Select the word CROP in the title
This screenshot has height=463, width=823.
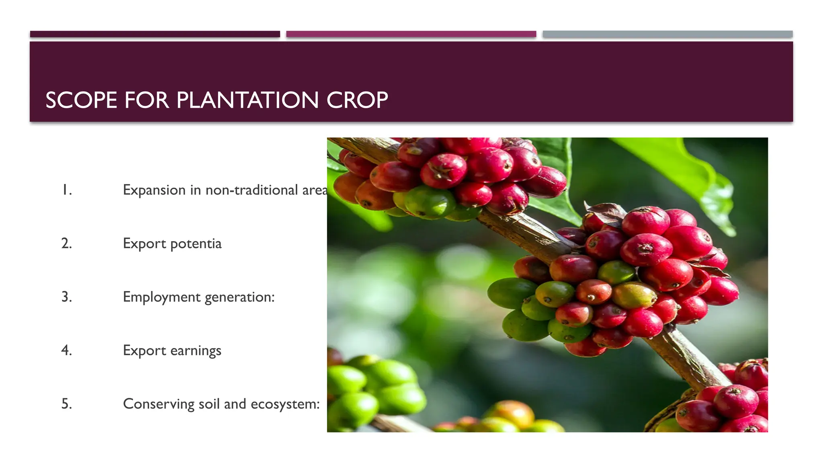point(357,100)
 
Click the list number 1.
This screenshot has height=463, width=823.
point(67,190)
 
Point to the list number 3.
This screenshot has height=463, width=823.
point(67,297)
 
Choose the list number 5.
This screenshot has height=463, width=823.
point(67,404)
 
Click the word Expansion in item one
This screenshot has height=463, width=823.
point(154,190)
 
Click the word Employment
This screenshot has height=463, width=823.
point(162,297)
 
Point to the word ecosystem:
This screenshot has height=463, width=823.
point(285,404)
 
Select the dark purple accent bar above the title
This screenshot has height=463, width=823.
point(155,34)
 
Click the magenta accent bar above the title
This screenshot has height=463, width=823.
point(411,34)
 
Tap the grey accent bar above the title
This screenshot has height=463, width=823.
point(667,34)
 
